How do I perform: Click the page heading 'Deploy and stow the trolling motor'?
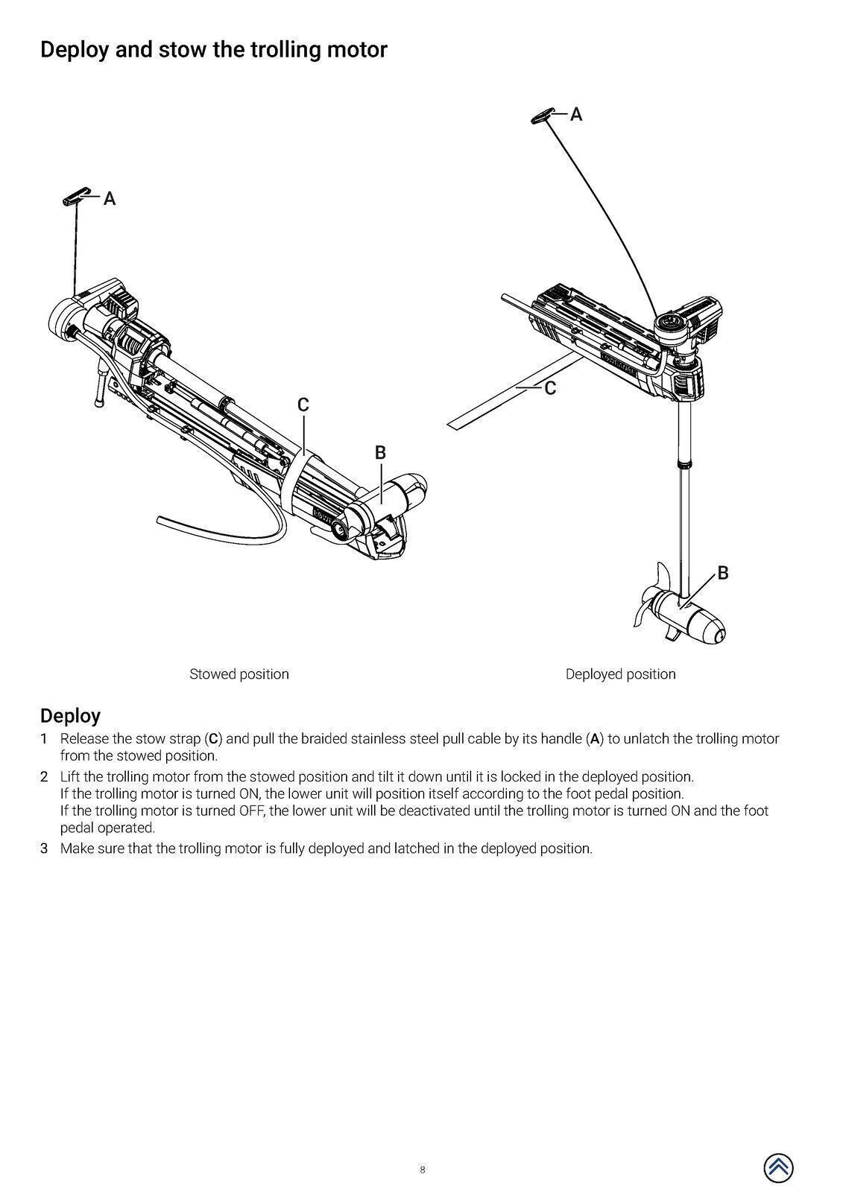tap(213, 50)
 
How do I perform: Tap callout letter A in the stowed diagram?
tap(110, 199)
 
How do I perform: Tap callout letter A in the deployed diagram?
tap(576, 115)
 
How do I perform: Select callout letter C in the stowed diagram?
tap(303, 405)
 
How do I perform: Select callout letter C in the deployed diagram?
tap(550, 388)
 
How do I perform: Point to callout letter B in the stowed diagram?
tap(380, 452)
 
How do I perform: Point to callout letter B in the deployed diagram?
tap(722, 573)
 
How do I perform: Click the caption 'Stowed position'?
tap(239, 674)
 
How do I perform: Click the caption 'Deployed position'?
tap(620, 674)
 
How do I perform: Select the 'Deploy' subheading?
tap(70, 716)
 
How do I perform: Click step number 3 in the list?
tap(44, 849)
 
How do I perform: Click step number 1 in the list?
tap(44, 739)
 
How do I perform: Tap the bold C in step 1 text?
tap(213, 739)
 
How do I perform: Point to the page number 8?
tap(422, 1170)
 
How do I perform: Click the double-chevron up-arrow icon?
tap(777, 1167)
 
